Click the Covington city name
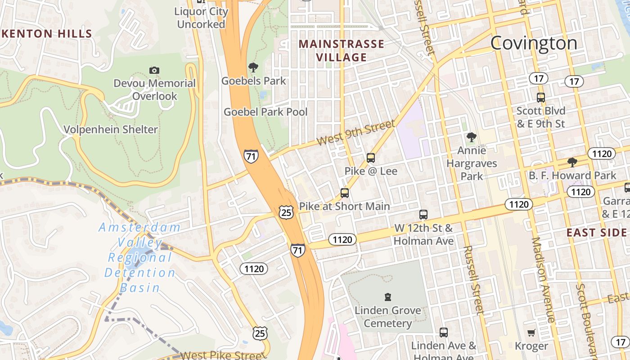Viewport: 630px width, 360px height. pyautogui.click(x=534, y=43)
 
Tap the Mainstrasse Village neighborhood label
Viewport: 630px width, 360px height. pyautogui.click(x=342, y=50)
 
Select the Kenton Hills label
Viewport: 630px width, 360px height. pyautogui.click(x=46, y=33)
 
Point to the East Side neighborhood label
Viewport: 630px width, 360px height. pyautogui.click(x=596, y=233)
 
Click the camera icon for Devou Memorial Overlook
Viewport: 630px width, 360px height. pyautogui.click(x=154, y=70)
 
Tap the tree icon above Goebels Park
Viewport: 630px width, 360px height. pyautogui.click(x=253, y=67)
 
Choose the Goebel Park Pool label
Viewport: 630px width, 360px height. pyautogui.click(x=265, y=112)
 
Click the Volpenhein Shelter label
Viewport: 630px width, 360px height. pyautogui.click(x=111, y=130)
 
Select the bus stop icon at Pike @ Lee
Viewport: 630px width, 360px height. pyautogui.click(x=371, y=158)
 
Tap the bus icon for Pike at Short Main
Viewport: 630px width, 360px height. pyautogui.click(x=345, y=193)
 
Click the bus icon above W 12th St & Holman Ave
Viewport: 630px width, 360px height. pyautogui.click(x=423, y=215)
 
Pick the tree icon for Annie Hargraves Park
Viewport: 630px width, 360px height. pyautogui.click(x=472, y=137)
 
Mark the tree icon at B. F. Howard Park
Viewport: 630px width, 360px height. pyautogui.click(x=572, y=162)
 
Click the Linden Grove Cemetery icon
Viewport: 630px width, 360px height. pyautogui.click(x=387, y=297)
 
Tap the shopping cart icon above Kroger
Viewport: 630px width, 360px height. pyautogui.click(x=531, y=333)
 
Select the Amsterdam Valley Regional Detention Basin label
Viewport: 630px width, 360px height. pyautogui.click(x=139, y=257)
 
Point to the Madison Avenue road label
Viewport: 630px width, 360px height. pyautogui.click(x=543, y=280)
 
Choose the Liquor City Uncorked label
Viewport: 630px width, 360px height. pyautogui.click(x=201, y=18)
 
